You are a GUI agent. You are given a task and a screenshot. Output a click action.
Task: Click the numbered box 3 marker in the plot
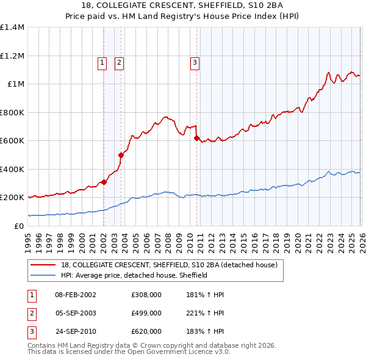(x=195, y=62)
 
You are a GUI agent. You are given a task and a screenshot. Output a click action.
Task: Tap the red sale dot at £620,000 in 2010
(x=196, y=139)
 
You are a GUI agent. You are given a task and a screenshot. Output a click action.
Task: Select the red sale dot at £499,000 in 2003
(x=121, y=156)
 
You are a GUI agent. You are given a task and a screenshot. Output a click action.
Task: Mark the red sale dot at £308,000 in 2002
(x=104, y=182)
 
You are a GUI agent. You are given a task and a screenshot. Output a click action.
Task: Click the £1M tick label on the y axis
(x=16, y=84)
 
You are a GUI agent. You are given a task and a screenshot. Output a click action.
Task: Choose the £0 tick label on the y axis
(x=19, y=226)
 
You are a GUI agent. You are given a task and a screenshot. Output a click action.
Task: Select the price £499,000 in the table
(x=146, y=313)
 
